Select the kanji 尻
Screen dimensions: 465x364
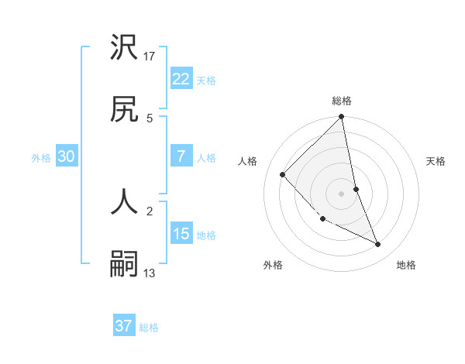point(125,111)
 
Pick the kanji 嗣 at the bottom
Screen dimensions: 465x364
point(125,264)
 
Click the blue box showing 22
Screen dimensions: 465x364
point(181,78)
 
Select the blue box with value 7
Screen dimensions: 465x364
point(181,156)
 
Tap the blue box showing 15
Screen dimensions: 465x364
point(181,233)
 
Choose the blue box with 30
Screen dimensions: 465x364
point(67,156)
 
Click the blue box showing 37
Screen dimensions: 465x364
point(123,326)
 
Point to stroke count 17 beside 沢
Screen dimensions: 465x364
point(150,56)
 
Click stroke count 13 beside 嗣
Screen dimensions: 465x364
point(150,273)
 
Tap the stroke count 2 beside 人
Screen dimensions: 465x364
point(150,209)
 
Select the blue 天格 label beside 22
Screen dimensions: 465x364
point(206,81)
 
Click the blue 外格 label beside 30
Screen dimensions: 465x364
point(41,158)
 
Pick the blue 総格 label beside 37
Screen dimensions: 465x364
point(149,328)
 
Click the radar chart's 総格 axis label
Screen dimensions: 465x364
point(342,101)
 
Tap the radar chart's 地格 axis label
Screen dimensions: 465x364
point(406,265)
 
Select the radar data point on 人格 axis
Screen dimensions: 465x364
point(283,174)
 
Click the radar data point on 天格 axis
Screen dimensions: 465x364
point(356,189)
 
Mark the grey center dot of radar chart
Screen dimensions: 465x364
point(342,193)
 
